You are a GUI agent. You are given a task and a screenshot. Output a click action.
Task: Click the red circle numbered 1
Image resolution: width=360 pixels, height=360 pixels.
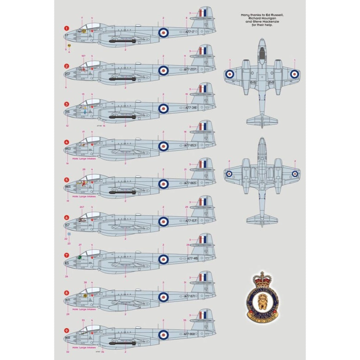66,28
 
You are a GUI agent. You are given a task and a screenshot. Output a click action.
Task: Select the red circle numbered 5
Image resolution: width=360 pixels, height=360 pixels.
66,179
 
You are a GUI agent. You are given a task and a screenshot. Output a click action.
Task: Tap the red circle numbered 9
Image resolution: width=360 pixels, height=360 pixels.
66,330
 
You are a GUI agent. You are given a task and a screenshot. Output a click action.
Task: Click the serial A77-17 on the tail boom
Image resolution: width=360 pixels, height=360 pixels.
190,32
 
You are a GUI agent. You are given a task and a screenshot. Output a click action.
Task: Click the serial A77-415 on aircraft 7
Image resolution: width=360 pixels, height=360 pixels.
192,258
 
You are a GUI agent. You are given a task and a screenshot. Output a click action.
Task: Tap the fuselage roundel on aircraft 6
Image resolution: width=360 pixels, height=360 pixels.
163,221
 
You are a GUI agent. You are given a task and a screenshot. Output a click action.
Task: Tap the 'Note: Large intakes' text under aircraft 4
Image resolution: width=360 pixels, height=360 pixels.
84,159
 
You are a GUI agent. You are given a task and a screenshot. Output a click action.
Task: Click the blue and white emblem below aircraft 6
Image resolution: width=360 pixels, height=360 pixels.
69,234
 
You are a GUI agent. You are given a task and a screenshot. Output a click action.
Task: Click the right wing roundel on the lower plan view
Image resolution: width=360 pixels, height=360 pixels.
294,174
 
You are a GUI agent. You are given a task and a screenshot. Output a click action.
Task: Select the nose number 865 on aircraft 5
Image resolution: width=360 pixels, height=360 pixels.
68,186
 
